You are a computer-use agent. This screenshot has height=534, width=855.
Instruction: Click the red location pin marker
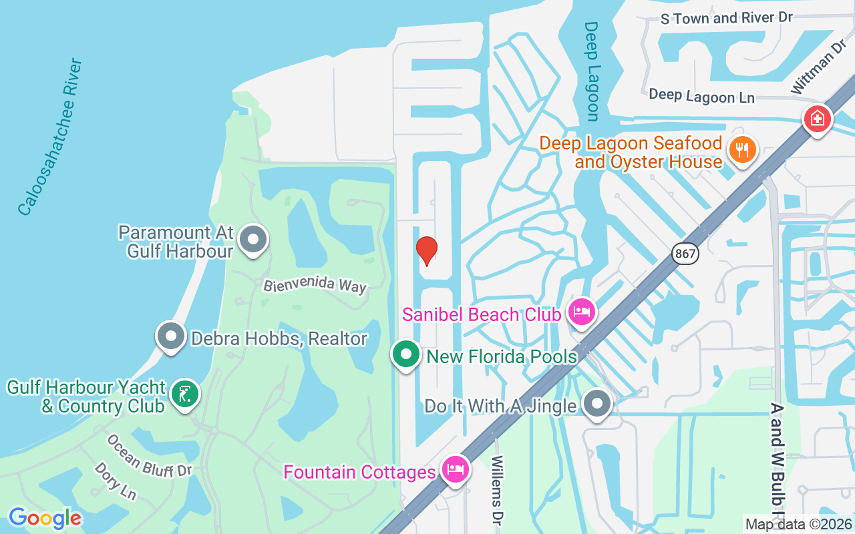click(x=426, y=250)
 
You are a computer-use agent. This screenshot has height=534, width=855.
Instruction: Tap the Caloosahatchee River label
click(x=50, y=138)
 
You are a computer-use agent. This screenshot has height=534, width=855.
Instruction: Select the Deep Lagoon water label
click(x=591, y=71)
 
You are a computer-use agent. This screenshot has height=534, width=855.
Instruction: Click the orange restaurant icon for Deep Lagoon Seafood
click(x=741, y=149)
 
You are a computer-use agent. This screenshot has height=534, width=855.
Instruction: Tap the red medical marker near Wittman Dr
click(x=817, y=119)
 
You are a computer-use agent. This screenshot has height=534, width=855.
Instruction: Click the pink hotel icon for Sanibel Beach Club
click(x=581, y=312)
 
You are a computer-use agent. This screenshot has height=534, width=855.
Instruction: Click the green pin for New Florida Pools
click(x=405, y=355)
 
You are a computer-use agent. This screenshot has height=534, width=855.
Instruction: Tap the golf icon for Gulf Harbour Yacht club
click(x=184, y=394)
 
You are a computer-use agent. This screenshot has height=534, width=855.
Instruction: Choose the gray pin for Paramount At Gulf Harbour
click(x=254, y=239)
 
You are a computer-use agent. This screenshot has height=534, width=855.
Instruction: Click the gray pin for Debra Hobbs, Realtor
click(x=170, y=336)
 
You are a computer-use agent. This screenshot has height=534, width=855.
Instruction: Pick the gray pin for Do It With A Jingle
click(x=596, y=404)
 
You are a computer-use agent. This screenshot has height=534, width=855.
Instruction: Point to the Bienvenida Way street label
click(x=315, y=285)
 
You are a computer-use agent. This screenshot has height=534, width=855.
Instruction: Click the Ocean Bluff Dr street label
click(x=149, y=457)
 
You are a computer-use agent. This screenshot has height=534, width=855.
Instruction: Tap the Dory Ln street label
click(x=116, y=480)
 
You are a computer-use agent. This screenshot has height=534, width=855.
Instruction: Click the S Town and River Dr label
click(x=726, y=17)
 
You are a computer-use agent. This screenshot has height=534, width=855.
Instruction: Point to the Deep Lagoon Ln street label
click(x=701, y=96)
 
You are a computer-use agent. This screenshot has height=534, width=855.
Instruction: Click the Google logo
click(x=45, y=517)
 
